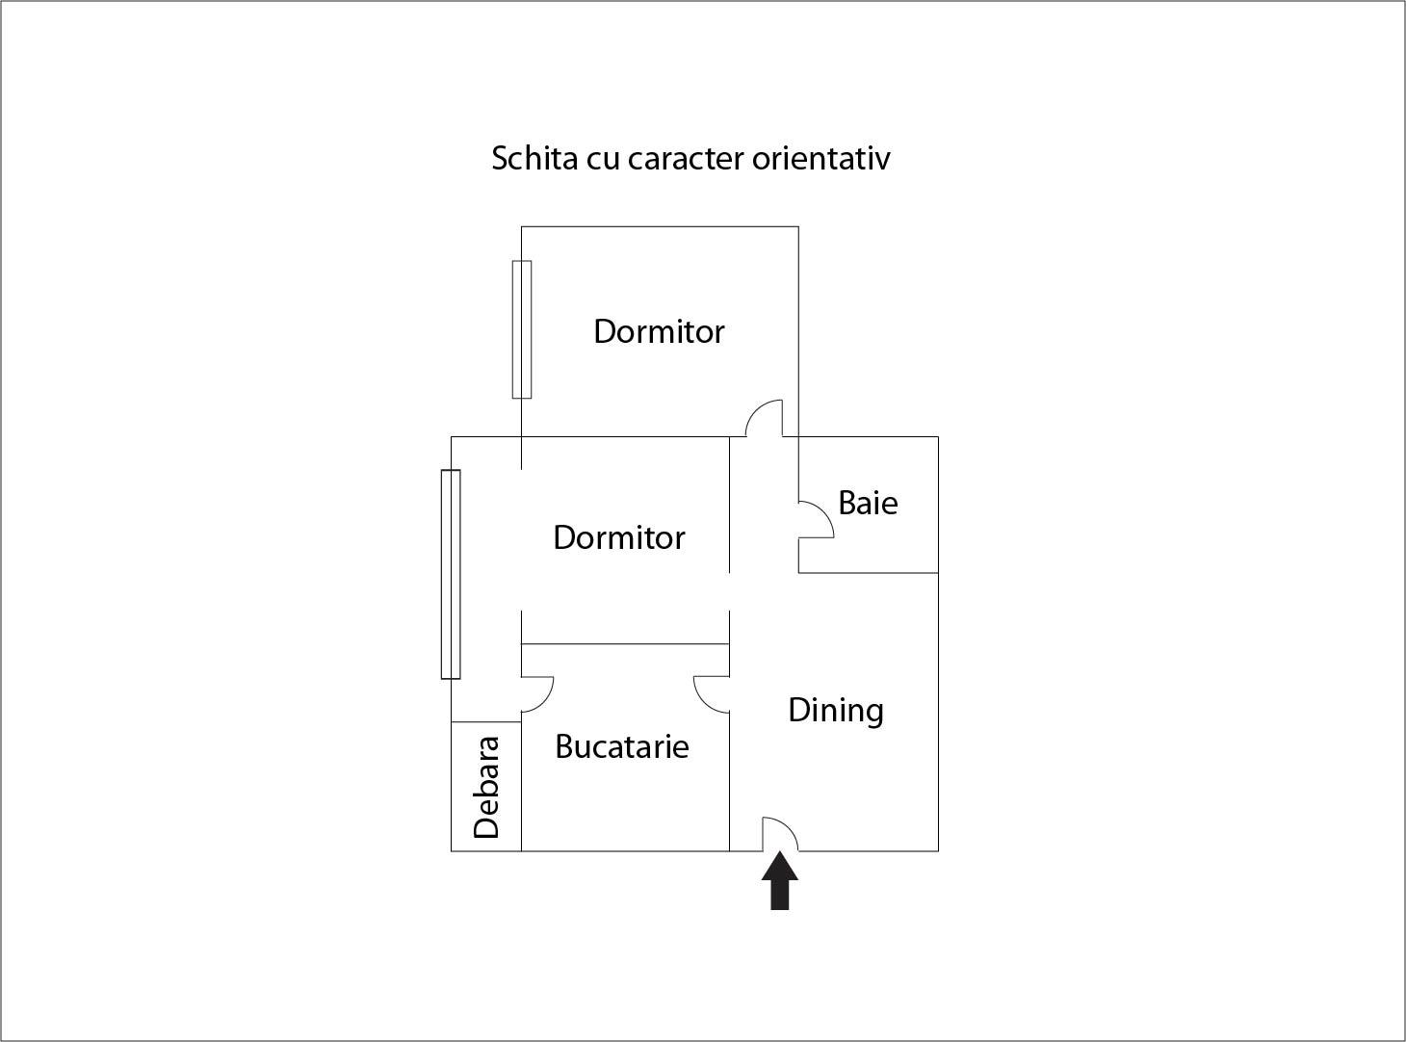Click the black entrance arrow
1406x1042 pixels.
(780, 883)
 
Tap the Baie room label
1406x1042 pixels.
(868, 503)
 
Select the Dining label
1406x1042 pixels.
(836, 711)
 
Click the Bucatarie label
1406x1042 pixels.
(622, 746)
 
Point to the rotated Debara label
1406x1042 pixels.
(487, 787)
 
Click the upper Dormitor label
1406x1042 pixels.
(659, 331)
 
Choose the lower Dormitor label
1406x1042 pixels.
(619, 537)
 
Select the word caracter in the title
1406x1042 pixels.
(686, 158)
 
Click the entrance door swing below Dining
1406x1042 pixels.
(778, 834)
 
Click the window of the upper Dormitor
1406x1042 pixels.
(522, 329)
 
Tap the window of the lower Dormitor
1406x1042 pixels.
(451, 574)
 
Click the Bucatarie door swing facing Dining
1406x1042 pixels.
(712, 693)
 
